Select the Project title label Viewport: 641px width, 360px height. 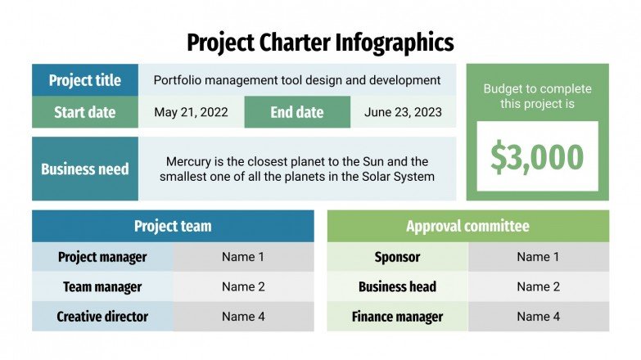pos(85,80)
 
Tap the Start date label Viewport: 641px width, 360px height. pos(85,112)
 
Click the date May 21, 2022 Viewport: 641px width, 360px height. pos(191,112)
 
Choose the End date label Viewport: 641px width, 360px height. pos(297,112)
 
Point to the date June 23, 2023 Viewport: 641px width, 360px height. pos(402,112)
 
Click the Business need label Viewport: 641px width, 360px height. pos(85,169)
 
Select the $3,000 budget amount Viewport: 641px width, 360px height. pos(537,157)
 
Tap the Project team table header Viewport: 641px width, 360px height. pos(173,227)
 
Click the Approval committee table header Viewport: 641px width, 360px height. pos(467,227)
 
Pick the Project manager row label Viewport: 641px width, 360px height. pos(102,257)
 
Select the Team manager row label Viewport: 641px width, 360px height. pos(102,287)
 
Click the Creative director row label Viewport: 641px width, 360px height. pos(102,317)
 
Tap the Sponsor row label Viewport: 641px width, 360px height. pos(397,257)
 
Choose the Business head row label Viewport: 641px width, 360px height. pos(397,287)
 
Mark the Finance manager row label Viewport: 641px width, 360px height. pos(397,317)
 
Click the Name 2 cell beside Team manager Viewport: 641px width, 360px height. pos(243,287)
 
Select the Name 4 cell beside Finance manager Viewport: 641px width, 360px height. pos(538,317)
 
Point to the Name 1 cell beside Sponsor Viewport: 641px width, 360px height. pos(538,257)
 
